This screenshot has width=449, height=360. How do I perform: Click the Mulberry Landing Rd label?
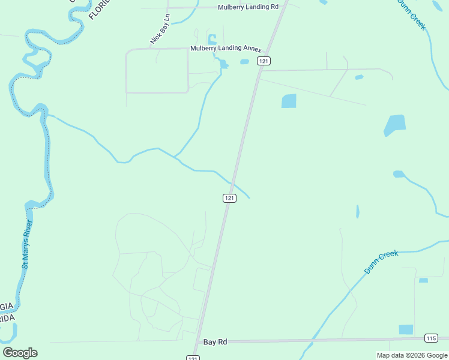[249, 7]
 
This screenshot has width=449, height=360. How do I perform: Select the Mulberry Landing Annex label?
[225, 48]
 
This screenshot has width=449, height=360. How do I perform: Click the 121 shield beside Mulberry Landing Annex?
[264, 61]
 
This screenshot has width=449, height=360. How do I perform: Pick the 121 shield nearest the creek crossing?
[229, 198]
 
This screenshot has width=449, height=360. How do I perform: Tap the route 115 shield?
[430, 338]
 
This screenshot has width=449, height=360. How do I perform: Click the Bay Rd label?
[215, 342]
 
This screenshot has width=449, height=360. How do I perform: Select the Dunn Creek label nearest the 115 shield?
[381, 263]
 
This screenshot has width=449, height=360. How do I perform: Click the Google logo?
[20, 353]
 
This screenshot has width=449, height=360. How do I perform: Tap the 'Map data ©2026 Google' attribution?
[412, 355]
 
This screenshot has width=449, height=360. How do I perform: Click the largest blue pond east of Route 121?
[394, 125]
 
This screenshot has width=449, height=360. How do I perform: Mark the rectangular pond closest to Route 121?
[289, 101]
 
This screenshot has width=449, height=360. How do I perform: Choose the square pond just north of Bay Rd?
[406, 329]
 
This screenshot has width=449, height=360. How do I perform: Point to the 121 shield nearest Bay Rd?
[192, 358]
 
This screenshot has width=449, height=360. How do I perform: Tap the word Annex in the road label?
[252, 48]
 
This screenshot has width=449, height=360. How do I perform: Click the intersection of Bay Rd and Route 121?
[197, 342]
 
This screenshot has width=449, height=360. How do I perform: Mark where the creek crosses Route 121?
[233, 182]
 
